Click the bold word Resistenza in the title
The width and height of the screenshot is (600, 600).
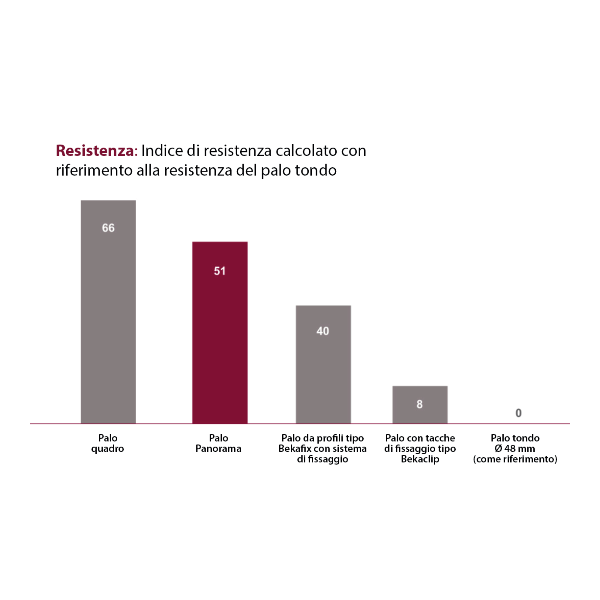(95, 151)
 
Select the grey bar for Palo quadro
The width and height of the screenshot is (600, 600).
(108, 326)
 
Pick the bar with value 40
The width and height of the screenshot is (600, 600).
(323, 373)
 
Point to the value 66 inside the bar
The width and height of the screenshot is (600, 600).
(108, 228)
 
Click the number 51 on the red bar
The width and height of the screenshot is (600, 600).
(220, 271)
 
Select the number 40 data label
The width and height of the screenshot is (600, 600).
(323, 331)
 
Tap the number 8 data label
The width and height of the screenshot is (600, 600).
(420, 404)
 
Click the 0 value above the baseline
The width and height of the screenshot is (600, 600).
(518, 413)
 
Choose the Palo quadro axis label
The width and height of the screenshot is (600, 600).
(107, 443)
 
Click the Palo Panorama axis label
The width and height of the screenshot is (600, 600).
(218, 443)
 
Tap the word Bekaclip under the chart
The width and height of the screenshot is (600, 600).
(420, 459)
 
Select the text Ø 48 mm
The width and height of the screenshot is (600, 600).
(514, 448)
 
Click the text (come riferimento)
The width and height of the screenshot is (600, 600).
(515, 459)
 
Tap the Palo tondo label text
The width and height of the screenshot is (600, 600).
(515, 438)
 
